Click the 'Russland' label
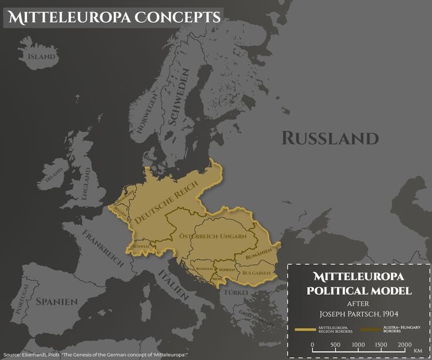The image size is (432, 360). click(330, 138)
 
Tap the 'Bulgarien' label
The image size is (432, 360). click(255, 273)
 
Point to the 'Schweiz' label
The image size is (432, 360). click(141, 247)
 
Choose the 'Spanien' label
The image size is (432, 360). click(56, 301)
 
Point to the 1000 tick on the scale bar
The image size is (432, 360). click(358, 344)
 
